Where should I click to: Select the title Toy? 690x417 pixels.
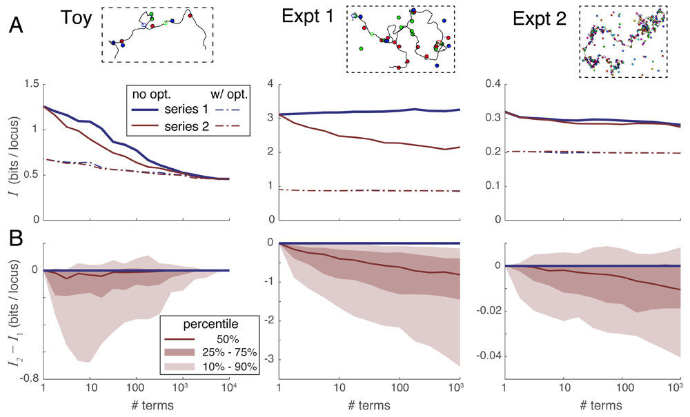click(x=75, y=18)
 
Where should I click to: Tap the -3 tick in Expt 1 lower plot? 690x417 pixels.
click(x=269, y=359)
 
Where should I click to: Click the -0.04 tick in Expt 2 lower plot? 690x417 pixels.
click(x=484, y=356)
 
